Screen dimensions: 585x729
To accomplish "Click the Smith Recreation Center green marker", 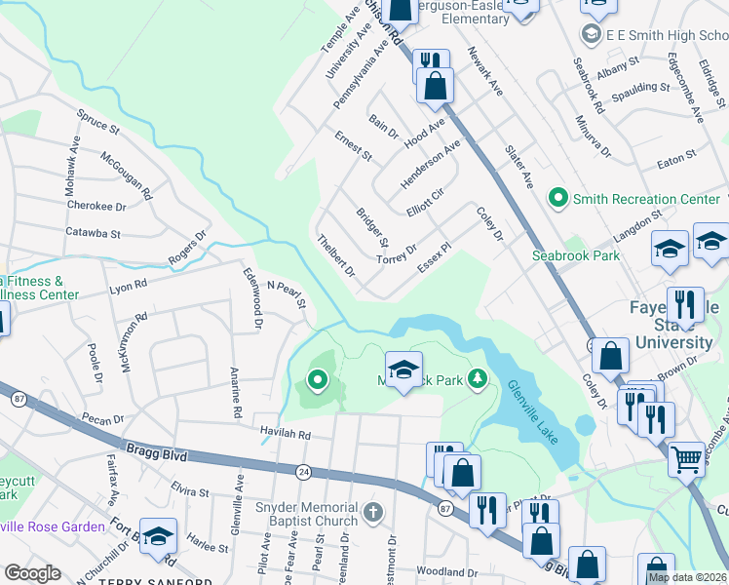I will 557,199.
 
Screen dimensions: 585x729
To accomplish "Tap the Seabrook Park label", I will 575,255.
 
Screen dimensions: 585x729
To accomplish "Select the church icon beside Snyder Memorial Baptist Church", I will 372,512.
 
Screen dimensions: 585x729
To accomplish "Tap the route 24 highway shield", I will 304,471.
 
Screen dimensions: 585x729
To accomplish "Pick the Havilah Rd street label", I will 285,434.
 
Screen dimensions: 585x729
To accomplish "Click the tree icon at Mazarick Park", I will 477,378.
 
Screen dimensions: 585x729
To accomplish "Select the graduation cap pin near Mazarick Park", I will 403,370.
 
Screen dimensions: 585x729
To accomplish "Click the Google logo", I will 32,573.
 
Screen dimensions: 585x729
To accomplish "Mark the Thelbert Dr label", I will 337,254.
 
